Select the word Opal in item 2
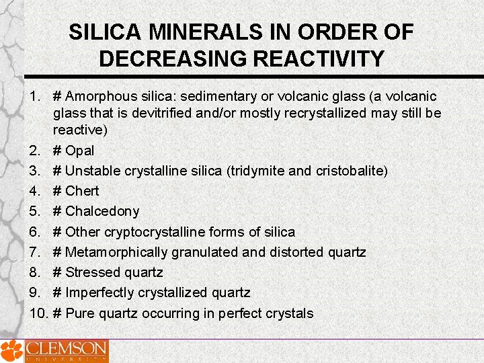(80, 151)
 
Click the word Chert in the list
(82, 191)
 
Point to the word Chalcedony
(102, 211)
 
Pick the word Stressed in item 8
(93, 272)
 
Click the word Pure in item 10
(79, 313)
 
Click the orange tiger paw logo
(11, 351)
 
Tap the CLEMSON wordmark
(67, 350)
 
